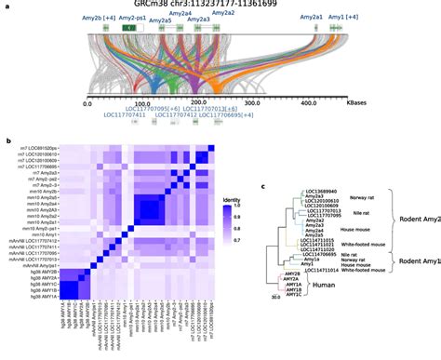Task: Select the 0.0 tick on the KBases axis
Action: [x=87, y=103]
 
